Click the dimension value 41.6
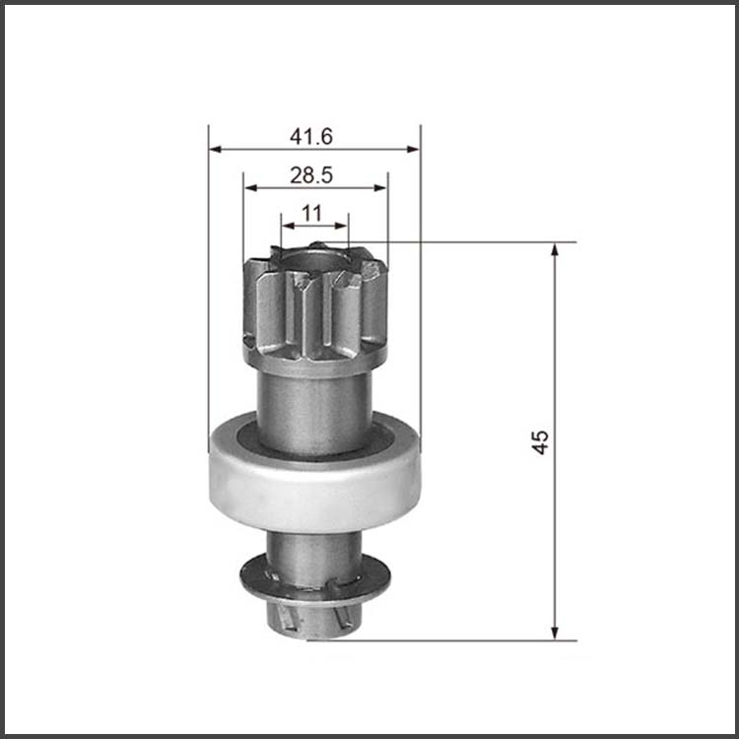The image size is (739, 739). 311,137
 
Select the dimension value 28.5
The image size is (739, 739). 311,175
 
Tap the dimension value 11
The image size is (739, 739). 311,213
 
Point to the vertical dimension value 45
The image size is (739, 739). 540,441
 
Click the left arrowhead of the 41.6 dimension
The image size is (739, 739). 215,150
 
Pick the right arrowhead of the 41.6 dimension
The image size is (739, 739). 413,150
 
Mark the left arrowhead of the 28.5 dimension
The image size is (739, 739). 250,188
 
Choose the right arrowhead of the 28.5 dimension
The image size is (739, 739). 380,188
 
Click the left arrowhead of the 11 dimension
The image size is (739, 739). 288,226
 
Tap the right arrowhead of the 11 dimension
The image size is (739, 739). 341,226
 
